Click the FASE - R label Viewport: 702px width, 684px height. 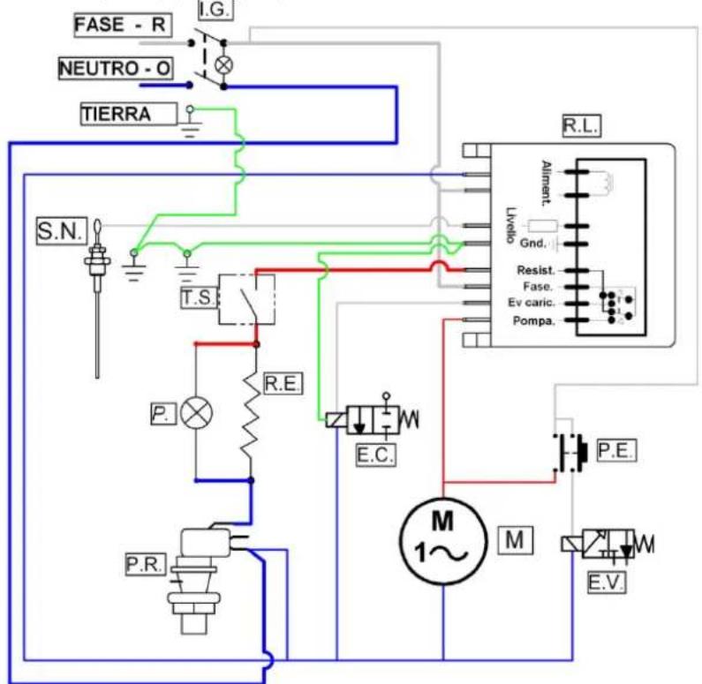pyautogui.click(x=122, y=25)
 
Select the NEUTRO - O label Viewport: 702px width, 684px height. pyautogui.click(x=116, y=69)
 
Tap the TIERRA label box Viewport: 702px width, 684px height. pyautogui.click(x=129, y=114)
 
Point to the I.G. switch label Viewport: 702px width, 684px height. pyautogui.click(x=215, y=10)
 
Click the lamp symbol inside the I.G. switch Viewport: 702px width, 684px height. pyautogui.click(x=224, y=65)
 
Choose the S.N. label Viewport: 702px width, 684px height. pyautogui.click(x=62, y=231)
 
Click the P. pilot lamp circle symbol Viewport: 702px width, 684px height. pyautogui.click(x=197, y=412)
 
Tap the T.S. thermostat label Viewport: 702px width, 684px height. pyautogui.click(x=199, y=297)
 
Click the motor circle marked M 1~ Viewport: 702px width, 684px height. pyautogui.click(x=442, y=541)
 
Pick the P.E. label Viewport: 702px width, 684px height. pyautogui.click(x=616, y=450)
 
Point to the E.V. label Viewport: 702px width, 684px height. pyautogui.click(x=606, y=583)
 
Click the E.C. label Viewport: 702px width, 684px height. pyautogui.click(x=375, y=455)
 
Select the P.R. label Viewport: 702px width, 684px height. pyautogui.click(x=146, y=565)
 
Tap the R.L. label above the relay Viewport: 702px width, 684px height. pyautogui.click(x=581, y=126)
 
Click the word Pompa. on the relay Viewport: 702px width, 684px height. pyautogui.click(x=534, y=320)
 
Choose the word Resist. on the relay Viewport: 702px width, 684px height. pyautogui.click(x=536, y=270)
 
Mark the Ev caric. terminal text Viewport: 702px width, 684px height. pyautogui.click(x=532, y=303)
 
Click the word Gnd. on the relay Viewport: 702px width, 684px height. pyautogui.click(x=533, y=244)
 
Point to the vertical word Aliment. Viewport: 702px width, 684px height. pyautogui.click(x=546, y=183)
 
